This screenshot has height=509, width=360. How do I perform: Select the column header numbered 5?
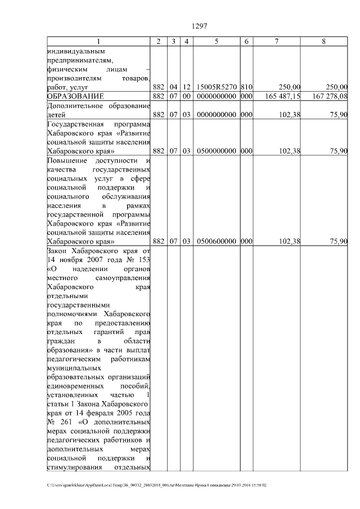point(217,42)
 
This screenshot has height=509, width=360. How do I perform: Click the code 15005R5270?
point(217,87)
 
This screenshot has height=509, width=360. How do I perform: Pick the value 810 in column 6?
point(246,87)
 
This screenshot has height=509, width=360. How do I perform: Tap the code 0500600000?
point(217,241)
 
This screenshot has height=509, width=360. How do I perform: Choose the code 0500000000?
point(217,151)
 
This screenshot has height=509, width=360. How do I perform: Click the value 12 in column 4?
point(186,87)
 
